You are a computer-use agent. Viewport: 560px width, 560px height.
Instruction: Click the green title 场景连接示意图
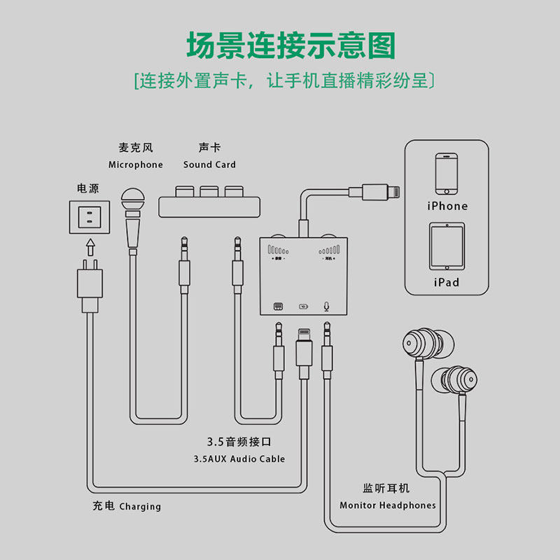(x=290, y=45)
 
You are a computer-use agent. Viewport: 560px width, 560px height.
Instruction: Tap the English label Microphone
(x=135, y=165)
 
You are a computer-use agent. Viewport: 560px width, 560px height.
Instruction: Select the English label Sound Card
(x=209, y=165)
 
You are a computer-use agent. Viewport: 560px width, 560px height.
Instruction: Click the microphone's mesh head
(x=132, y=201)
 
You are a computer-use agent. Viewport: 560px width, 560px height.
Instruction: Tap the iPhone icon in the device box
(x=447, y=174)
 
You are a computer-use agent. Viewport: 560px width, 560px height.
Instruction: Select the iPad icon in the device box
(x=447, y=246)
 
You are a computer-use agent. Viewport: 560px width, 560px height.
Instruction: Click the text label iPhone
(x=447, y=206)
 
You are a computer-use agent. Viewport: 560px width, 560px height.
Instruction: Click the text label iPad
(x=447, y=282)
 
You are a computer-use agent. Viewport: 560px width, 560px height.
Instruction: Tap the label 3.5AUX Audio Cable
(x=239, y=459)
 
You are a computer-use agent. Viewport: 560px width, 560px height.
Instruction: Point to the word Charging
(x=140, y=507)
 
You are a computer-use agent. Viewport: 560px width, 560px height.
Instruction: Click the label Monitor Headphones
(x=388, y=505)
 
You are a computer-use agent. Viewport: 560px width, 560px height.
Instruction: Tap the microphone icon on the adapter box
(x=325, y=306)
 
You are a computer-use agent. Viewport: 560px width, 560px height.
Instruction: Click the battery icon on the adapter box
(x=302, y=307)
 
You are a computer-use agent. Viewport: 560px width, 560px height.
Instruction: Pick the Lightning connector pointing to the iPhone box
(x=374, y=192)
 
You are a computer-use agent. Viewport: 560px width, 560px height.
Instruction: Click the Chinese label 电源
(x=88, y=188)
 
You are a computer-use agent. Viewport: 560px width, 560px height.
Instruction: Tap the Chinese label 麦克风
(x=135, y=148)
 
